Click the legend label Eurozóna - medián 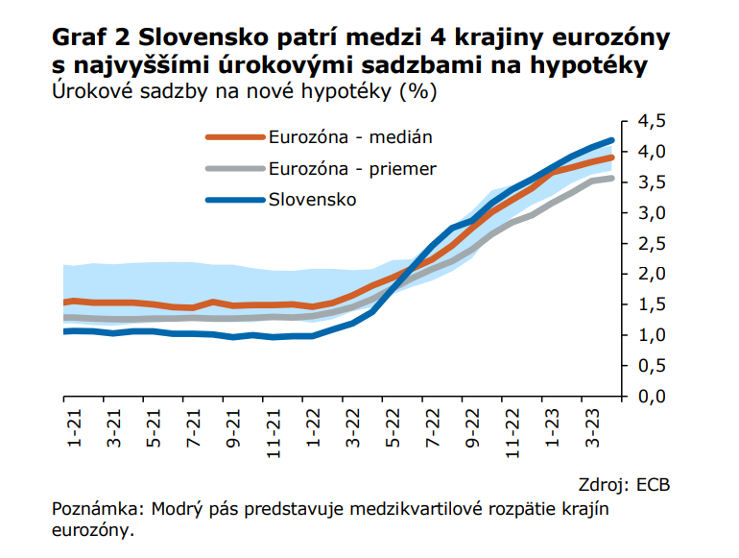point(350,136)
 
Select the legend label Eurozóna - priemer point(352,168)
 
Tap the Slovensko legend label point(313,200)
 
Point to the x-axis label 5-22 point(392,427)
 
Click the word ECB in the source point(652,483)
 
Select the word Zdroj point(603,483)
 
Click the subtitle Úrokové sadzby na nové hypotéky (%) point(244,92)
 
